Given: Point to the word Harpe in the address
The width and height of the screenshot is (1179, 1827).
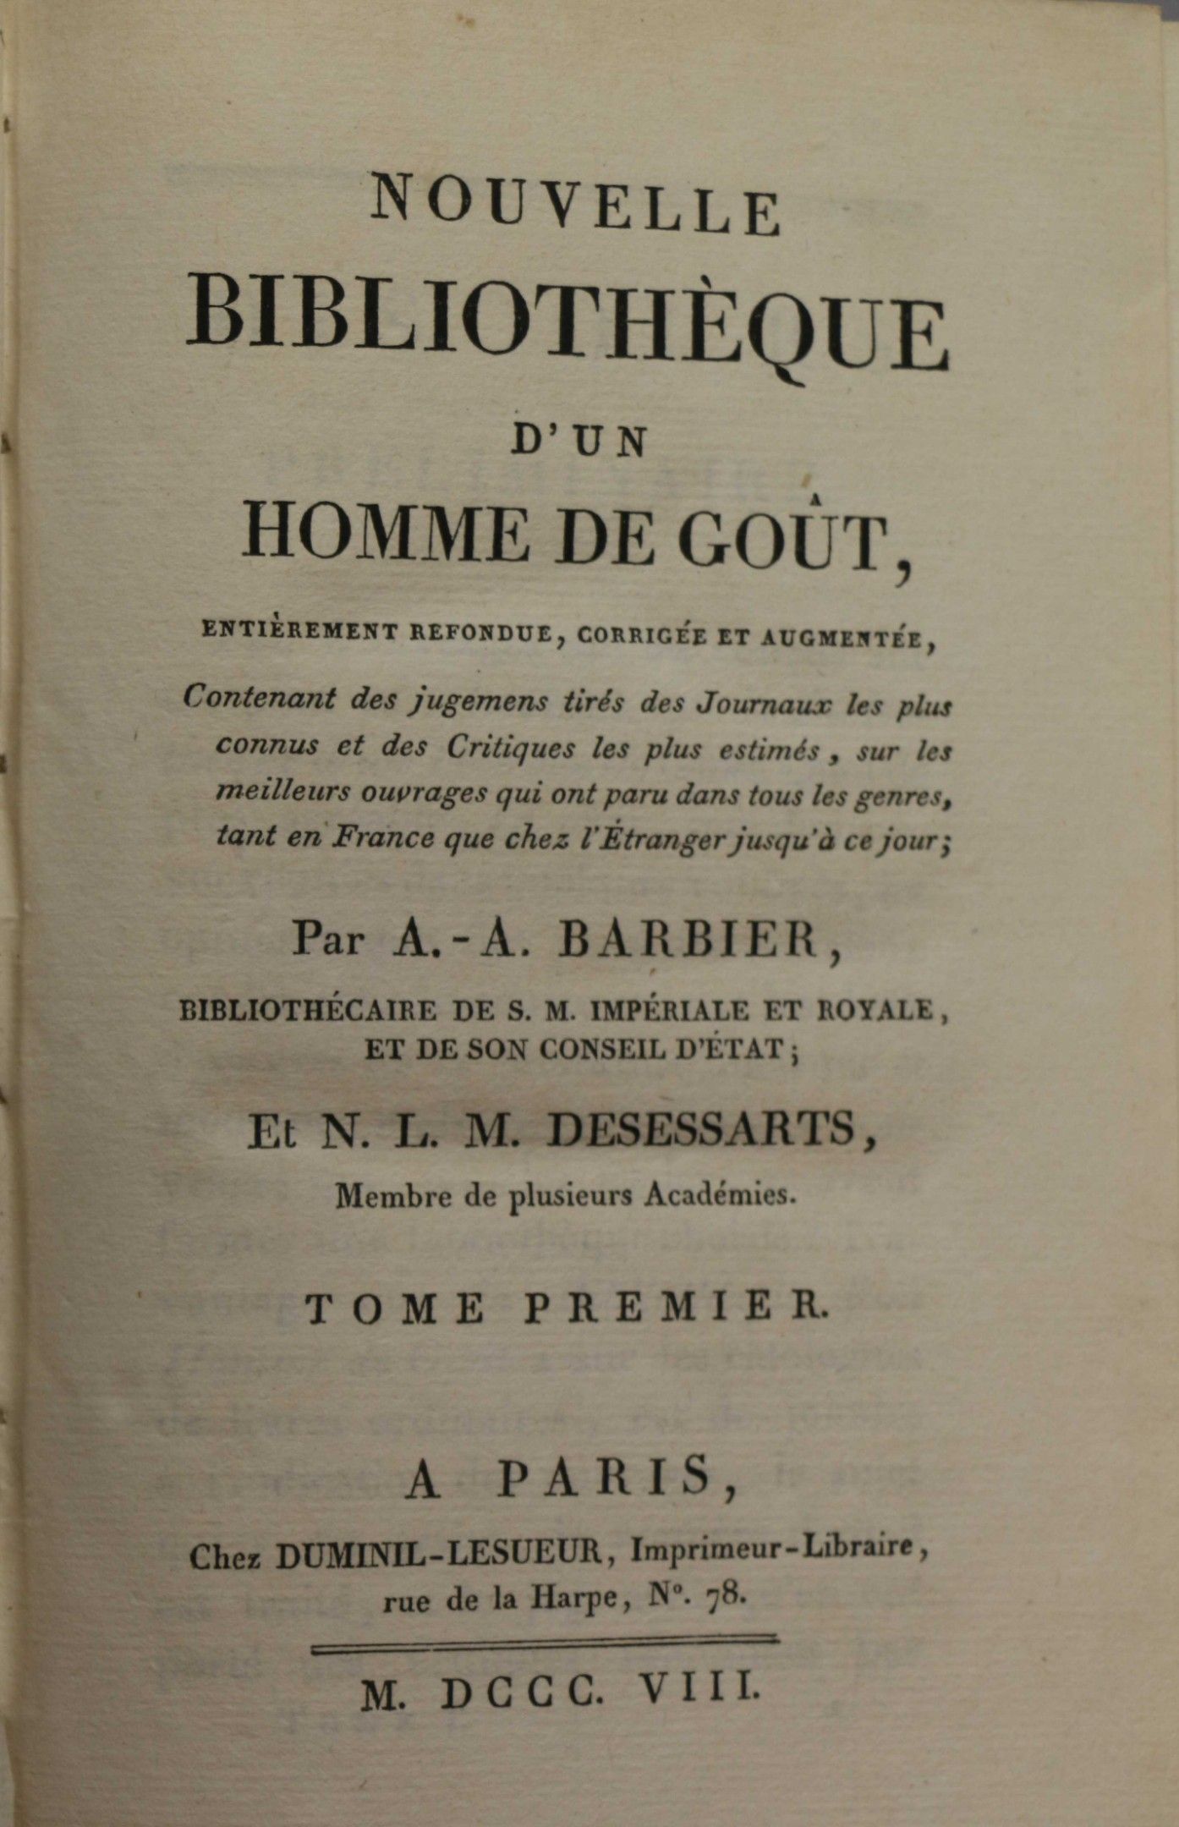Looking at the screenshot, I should tap(573, 1598).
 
